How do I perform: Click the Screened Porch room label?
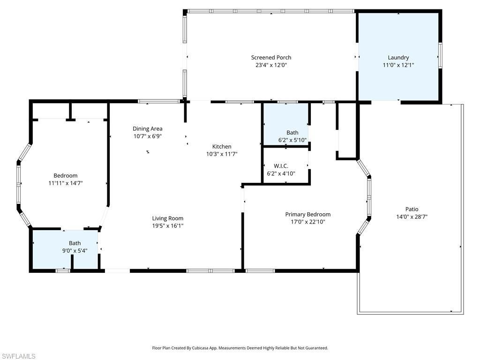271,58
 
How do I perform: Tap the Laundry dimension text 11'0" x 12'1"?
398,65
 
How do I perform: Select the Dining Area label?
147,128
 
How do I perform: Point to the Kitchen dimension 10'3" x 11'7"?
222,154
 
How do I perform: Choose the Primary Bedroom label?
308,214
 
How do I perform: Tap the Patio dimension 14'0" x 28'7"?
412,217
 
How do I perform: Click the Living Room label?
168,218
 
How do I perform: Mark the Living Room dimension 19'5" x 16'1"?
168,225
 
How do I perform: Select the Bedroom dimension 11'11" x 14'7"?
66,183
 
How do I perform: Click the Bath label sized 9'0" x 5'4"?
75,243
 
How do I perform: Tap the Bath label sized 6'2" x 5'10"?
292,133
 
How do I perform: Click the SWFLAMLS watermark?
18,356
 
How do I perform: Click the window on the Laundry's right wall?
440,55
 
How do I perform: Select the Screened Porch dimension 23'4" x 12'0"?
271,65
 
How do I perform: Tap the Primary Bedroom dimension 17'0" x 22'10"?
308,222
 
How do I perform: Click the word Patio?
412,209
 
